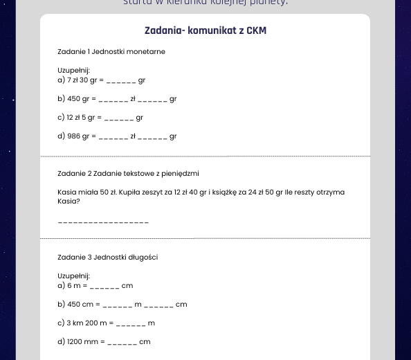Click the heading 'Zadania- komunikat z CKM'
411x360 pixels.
(205, 31)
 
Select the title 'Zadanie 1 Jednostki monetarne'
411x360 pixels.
(111, 51)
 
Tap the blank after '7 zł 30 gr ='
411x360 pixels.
(120, 81)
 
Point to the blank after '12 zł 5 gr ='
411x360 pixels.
(118, 118)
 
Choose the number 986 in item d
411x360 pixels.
(73, 136)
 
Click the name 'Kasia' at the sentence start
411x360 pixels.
(68, 192)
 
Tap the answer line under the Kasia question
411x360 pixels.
(103, 222)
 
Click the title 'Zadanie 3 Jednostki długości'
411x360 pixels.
(108, 258)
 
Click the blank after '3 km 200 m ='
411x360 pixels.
(131, 323)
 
